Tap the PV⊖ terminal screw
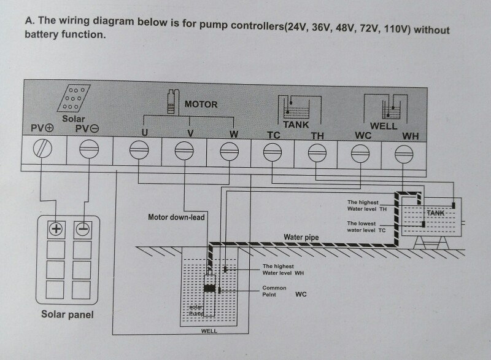tap(89, 149)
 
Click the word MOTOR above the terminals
tap(201, 104)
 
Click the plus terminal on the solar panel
tap(56, 229)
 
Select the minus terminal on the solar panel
tap(82, 229)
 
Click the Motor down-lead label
tap(176, 217)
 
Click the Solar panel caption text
tap(68, 315)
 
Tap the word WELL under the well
tap(209, 331)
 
